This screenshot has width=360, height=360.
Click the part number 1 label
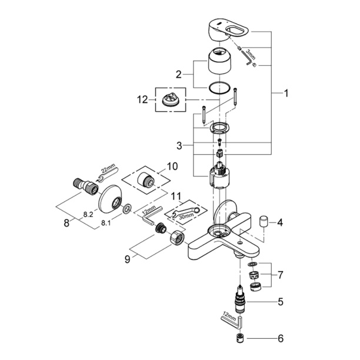click(286, 93)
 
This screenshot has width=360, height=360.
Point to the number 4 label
click(280, 223)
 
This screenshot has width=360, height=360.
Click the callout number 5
click(280, 302)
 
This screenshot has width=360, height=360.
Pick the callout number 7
click(280, 275)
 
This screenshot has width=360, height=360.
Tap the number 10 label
click(172, 167)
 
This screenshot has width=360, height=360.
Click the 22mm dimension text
click(109, 171)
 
